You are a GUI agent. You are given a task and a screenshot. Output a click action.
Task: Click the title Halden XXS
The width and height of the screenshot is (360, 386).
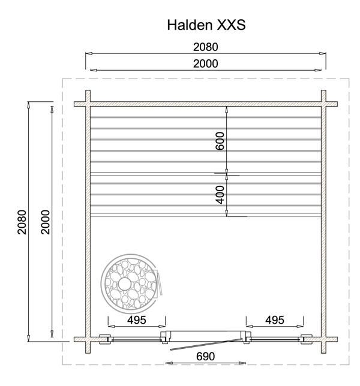206,25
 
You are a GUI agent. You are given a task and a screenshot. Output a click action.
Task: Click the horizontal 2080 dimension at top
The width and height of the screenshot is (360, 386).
206,47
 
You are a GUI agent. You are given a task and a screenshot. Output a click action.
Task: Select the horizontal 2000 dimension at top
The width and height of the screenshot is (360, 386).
206,64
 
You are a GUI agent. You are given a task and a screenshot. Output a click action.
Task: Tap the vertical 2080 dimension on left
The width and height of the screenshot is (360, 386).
22,222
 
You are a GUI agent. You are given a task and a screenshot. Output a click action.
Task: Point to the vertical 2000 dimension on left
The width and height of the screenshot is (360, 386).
46,222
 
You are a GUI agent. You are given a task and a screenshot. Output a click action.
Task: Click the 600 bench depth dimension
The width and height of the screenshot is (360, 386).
220,141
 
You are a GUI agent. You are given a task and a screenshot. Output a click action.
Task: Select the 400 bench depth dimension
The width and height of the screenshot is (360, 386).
220,195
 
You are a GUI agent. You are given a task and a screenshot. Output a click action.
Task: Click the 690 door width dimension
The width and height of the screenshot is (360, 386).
206,356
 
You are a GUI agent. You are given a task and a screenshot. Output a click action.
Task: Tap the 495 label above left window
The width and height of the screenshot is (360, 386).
137,320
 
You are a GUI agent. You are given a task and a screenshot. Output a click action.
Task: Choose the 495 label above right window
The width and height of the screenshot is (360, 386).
275,320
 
